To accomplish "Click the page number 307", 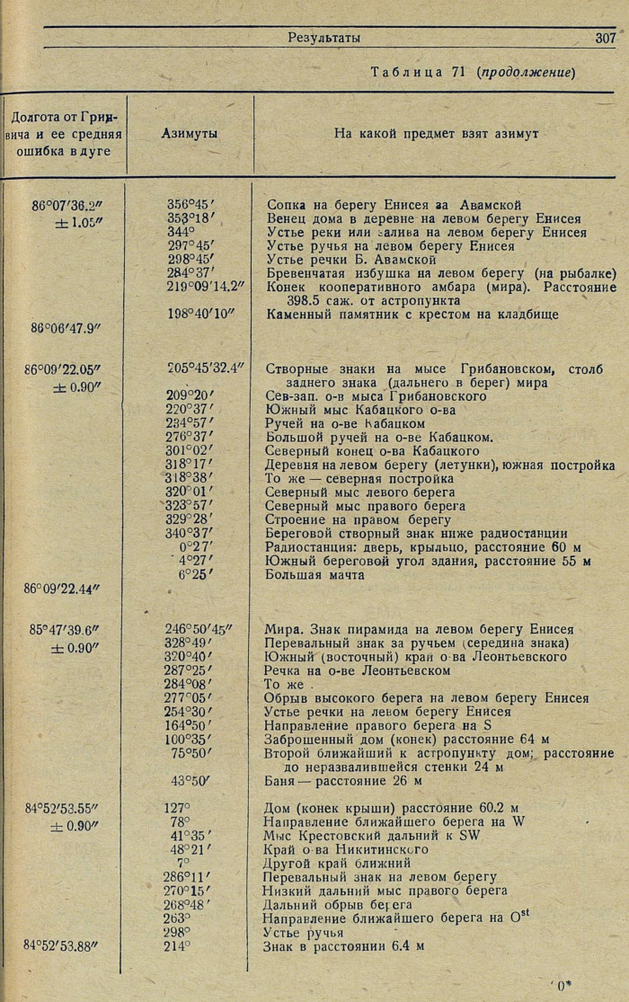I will pos(605,38).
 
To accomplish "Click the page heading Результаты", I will pos(324,38).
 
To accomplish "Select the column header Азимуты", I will pos(190,133).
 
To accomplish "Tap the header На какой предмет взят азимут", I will pos(436,133).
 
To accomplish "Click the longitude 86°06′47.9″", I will pos(64,329).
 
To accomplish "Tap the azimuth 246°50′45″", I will pos(199,630).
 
